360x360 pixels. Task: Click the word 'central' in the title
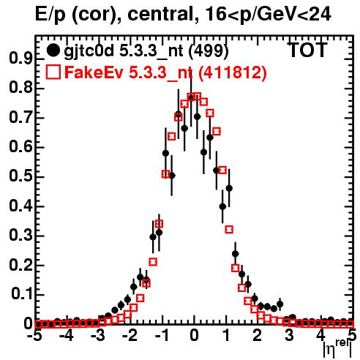click(159, 14)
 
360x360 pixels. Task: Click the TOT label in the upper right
click(307, 50)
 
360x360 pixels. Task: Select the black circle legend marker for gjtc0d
click(53, 51)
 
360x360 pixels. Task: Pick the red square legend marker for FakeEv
click(53, 72)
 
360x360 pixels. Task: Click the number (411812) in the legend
click(232, 72)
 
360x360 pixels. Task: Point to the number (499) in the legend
click(209, 51)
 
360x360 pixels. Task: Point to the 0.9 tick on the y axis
click(20, 59)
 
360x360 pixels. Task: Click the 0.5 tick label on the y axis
click(20, 176)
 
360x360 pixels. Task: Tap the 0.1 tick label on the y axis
click(21, 294)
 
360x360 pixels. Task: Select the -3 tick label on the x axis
click(98, 336)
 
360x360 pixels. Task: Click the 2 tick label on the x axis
click(258, 336)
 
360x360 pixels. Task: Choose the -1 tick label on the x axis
click(162, 336)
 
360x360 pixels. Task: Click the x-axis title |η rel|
click(338, 350)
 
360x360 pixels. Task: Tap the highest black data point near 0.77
click(191, 97)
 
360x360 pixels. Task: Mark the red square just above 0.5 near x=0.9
click(222, 170)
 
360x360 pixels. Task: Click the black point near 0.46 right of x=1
click(229, 188)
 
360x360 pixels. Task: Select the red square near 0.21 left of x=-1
click(153, 262)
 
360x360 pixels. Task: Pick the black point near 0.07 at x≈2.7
click(280, 304)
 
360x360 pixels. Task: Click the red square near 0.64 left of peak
click(172, 137)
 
